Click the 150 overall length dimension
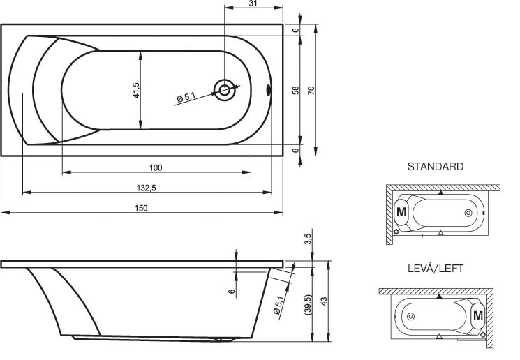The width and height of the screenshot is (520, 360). point(141,208)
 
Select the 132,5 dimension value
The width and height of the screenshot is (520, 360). point(147,188)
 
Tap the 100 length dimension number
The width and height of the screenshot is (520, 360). point(156,167)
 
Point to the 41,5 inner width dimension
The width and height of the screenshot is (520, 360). point(136,90)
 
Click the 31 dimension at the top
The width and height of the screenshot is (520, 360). point(253,3)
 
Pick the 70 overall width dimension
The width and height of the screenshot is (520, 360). point(311,90)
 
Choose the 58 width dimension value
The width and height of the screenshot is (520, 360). point(295,90)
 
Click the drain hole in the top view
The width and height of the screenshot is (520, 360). point(225,90)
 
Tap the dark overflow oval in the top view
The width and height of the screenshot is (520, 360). point(269,90)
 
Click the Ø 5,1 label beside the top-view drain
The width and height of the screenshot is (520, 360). point(186,97)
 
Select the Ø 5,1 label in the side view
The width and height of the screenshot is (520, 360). point(278,305)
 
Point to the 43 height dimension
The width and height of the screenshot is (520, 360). point(324,301)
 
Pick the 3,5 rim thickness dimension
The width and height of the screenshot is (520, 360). point(308,239)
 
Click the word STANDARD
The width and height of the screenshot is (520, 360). point(435,167)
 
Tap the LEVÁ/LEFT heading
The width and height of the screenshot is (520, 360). point(435,268)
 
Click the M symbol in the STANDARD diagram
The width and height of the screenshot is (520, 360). point(401,212)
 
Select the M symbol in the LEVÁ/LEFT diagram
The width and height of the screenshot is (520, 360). point(478,315)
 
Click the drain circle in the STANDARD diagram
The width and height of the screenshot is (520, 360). point(468,213)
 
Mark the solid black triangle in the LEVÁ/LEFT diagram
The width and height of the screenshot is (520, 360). point(440,297)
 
